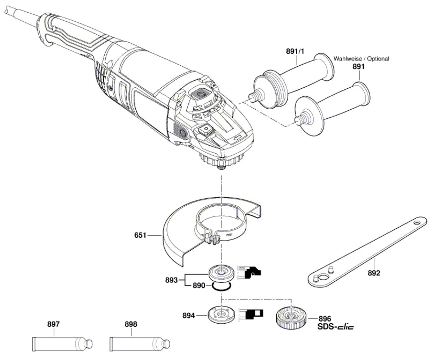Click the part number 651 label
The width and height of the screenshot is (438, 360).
point(140,236)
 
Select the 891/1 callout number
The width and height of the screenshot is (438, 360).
point(295,52)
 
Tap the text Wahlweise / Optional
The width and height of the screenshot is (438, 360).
point(361,58)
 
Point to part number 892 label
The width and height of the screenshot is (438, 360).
point(374,273)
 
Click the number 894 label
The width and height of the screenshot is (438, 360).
point(189,315)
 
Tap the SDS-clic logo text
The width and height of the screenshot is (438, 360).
point(336,327)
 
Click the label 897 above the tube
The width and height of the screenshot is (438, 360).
point(53,324)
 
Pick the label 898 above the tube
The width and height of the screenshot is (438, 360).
point(131,324)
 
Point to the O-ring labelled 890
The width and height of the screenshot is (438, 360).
point(221,287)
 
